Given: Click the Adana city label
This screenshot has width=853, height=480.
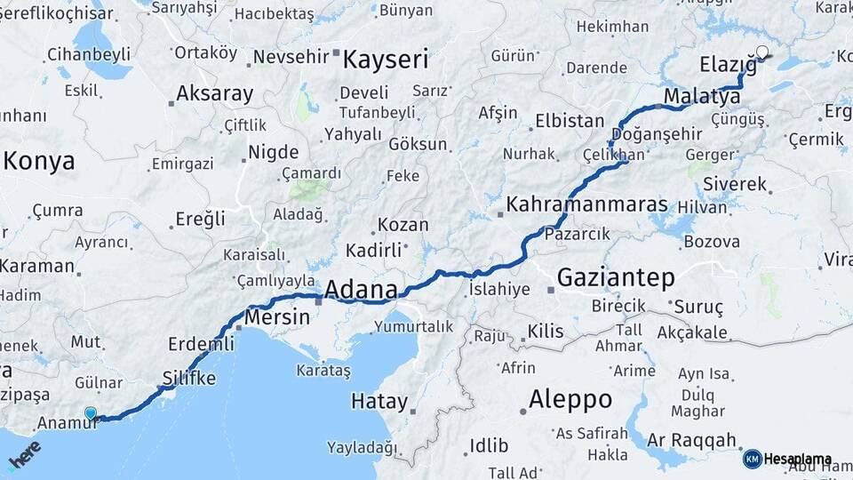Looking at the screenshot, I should (x=361, y=290).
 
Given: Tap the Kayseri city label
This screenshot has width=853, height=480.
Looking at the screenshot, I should (x=386, y=60).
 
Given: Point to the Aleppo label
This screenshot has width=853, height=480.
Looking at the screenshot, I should (x=570, y=399).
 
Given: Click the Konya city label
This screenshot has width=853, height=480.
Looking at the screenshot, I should (x=39, y=161).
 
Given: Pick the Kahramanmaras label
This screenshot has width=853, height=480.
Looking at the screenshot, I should (x=586, y=204).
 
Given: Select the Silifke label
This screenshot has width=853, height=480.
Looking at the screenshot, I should (x=189, y=378).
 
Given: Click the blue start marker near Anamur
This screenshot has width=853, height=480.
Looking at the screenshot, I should (x=90, y=412).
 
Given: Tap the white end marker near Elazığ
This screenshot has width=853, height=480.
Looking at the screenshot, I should (x=761, y=52).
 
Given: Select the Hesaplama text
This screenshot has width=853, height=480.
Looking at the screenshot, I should (x=797, y=460).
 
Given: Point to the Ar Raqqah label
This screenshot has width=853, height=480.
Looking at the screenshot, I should (x=692, y=440).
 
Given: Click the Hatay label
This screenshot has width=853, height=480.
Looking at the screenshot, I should (x=379, y=400).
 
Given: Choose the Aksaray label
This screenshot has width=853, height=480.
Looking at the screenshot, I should (x=214, y=93).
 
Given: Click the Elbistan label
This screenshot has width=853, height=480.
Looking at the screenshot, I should (x=569, y=121).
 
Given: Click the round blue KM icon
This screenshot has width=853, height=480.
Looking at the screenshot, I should (x=752, y=460).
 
